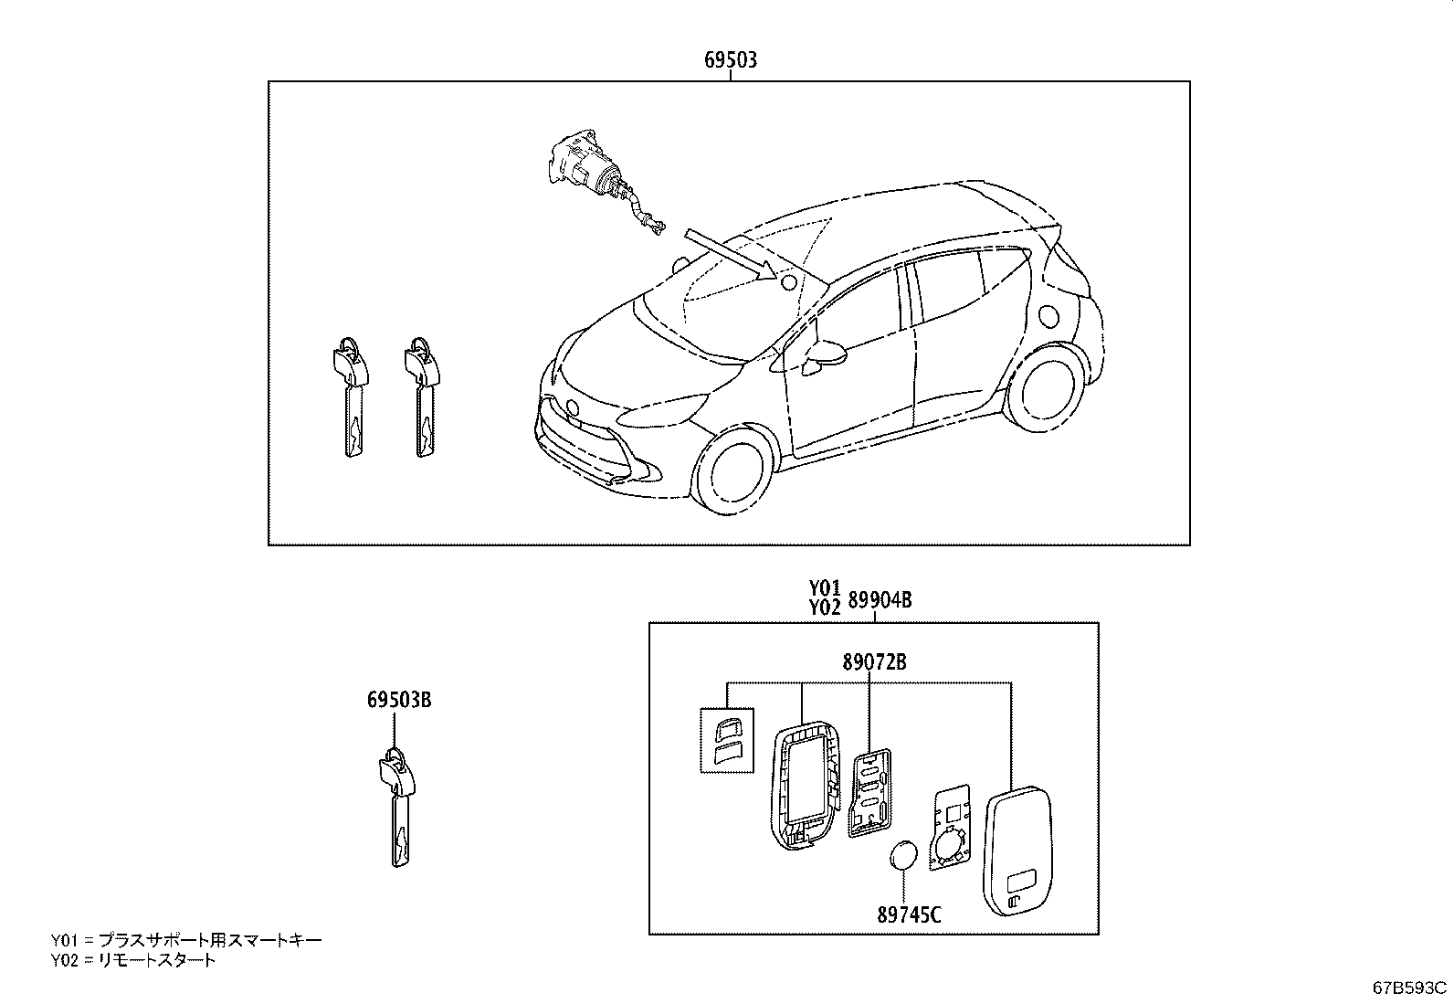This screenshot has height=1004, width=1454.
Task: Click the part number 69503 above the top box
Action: [731, 60]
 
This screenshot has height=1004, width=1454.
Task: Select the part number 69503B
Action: [399, 700]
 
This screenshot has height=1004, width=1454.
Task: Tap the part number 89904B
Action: [880, 601]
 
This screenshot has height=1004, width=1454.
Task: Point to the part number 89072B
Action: [874, 661]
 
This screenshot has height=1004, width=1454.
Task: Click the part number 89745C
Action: [909, 915]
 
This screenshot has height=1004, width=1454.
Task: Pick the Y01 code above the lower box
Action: [825, 588]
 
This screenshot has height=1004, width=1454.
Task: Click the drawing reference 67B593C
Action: [1409, 988]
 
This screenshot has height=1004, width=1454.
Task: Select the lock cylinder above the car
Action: [600, 178]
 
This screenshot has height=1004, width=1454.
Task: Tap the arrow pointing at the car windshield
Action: [732, 254]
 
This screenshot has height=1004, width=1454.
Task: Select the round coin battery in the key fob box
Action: [903, 856]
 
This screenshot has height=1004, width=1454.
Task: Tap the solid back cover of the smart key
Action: [1017, 851]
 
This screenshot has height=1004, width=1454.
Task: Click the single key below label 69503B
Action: [398, 808]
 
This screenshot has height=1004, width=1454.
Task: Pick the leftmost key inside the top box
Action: [351, 396]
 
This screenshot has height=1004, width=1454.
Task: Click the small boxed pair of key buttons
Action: [727, 740]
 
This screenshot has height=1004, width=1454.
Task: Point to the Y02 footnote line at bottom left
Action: [133, 960]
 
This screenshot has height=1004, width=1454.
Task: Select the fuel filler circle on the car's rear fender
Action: [1049, 315]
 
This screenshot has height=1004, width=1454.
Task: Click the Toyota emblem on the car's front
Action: [572, 407]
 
